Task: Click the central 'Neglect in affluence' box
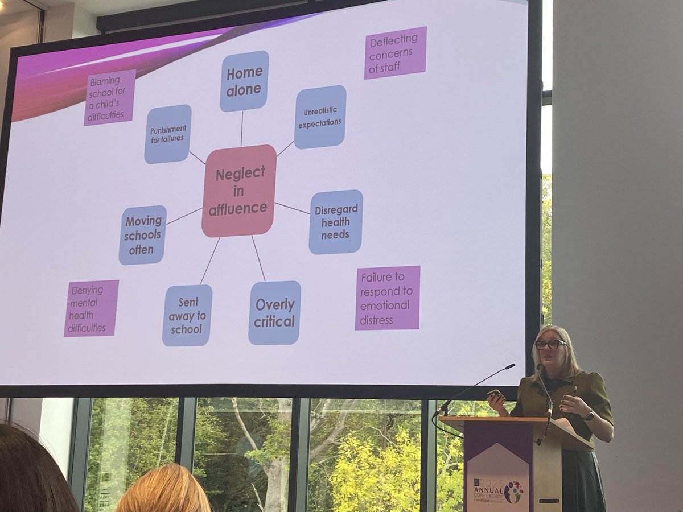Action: point(239,191)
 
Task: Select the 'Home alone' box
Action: point(244,81)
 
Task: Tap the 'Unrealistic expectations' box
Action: point(320,117)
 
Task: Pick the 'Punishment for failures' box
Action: point(167,134)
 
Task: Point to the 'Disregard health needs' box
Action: point(336,221)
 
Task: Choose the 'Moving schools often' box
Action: point(143,235)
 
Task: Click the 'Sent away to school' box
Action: point(187,315)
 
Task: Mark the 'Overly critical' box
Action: point(274,312)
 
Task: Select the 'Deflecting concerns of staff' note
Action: point(395,52)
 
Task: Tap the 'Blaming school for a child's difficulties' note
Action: point(110,97)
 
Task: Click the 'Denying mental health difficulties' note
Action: point(91,308)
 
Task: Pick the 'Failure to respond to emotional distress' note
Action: point(387,298)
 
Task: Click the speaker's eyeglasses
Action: point(550,344)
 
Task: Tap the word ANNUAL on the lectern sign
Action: point(488,490)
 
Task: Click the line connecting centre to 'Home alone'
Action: point(242,128)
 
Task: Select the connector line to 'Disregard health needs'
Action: point(292,208)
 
